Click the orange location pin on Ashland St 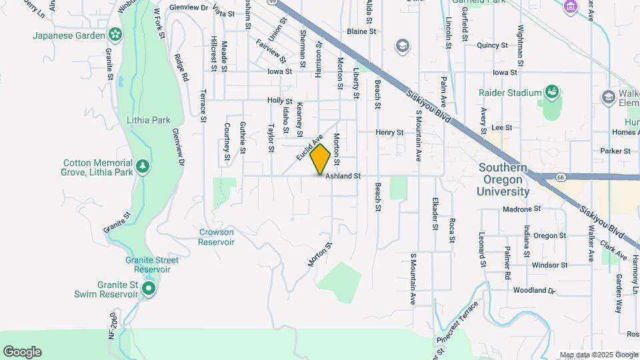320,159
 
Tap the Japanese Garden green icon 115,34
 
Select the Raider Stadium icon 551,91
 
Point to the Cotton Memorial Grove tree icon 141,165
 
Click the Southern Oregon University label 503,180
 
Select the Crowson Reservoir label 216,237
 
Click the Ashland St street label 343,177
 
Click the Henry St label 389,133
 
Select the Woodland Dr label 534,291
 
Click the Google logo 22,352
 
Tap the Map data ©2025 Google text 598,355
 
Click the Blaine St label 361,31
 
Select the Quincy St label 493,45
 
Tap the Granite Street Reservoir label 147,265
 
